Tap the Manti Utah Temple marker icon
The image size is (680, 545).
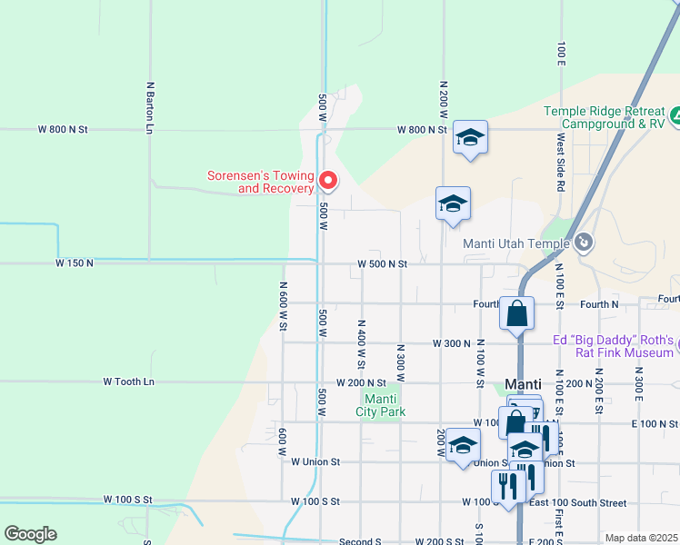(584, 243)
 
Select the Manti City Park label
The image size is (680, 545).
(384, 405)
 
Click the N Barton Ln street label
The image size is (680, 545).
(149, 108)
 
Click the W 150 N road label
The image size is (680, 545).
(75, 263)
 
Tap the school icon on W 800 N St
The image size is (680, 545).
(470, 138)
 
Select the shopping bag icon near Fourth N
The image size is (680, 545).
(516, 313)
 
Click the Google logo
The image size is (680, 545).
(30, 534)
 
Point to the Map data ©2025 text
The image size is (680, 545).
(641, 538)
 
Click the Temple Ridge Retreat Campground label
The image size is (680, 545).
(604, 117)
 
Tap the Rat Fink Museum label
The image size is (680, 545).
(615, 347)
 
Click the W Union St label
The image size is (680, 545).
(315, 461)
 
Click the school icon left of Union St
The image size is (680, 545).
(463, 447)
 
